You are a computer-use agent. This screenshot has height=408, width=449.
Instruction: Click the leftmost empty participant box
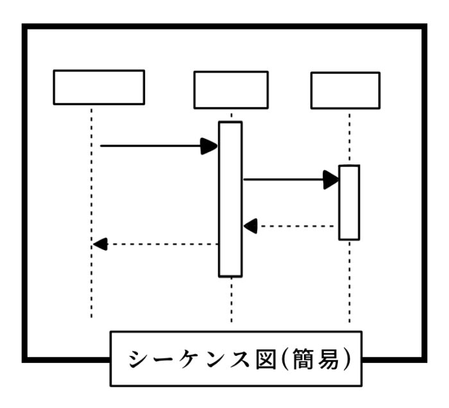click(x=98, y=87)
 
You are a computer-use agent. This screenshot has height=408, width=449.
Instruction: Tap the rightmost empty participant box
click(x=345, y=90)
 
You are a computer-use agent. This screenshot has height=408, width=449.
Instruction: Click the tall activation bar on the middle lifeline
click(x=230, y=199)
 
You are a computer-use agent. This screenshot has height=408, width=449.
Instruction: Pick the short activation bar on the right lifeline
click(x=349, y=202)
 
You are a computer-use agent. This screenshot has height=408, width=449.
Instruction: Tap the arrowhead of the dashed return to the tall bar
click(x=250, y=226)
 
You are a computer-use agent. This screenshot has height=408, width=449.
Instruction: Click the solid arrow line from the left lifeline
click(x=151, y=146)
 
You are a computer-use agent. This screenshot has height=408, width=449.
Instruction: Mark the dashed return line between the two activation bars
click(x=295, y=226)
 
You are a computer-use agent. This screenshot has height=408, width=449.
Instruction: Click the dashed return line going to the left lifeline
click(x=160, y=244)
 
